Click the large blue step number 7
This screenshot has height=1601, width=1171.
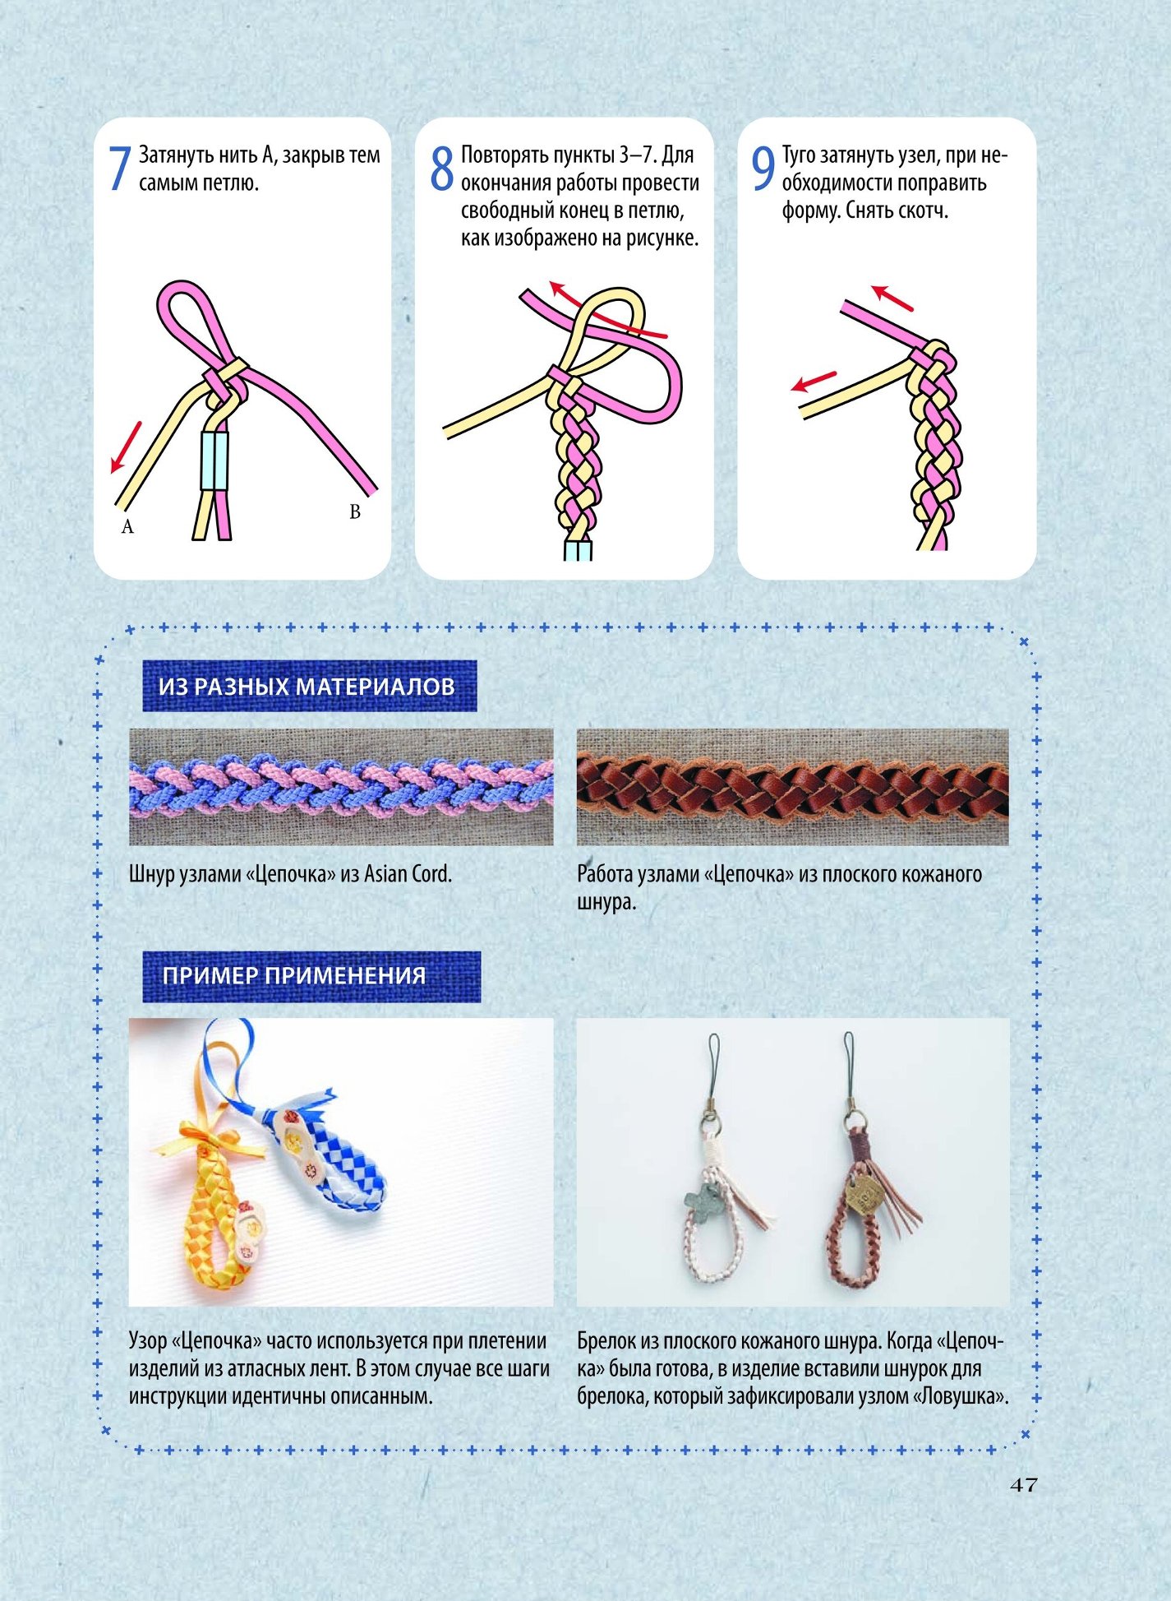(120, 169)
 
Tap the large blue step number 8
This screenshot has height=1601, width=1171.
(442, 169)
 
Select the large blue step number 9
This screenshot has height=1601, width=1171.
(763, 169)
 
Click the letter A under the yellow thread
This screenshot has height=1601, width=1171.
(127, 526)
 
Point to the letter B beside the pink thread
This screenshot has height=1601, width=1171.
(355, 511)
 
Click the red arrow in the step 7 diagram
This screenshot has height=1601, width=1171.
(126, 448)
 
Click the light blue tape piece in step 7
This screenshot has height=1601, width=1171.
(214, 460)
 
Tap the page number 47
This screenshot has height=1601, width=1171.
(1024, 1485)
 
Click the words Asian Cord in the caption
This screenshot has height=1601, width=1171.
(408, 873)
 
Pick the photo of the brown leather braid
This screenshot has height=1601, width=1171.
(793, 787)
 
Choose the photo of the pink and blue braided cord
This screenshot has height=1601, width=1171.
(341, 787)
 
